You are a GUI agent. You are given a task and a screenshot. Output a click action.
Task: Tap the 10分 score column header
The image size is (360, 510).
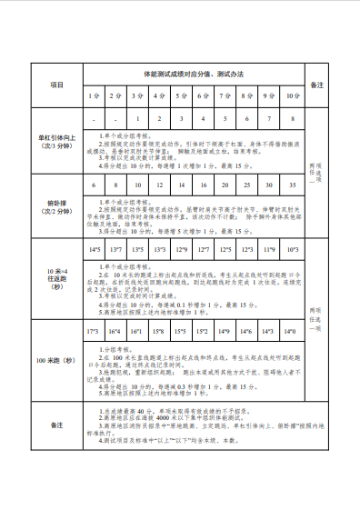292,95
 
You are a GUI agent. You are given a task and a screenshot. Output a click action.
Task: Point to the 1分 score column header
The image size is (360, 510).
94,95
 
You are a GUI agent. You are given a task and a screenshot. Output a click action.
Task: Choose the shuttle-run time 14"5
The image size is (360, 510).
94,248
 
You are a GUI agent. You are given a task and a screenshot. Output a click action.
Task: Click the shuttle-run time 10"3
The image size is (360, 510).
292,248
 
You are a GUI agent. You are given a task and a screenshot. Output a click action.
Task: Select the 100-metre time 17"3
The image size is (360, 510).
94,333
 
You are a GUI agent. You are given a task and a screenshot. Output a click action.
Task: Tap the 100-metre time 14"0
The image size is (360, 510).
292,333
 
